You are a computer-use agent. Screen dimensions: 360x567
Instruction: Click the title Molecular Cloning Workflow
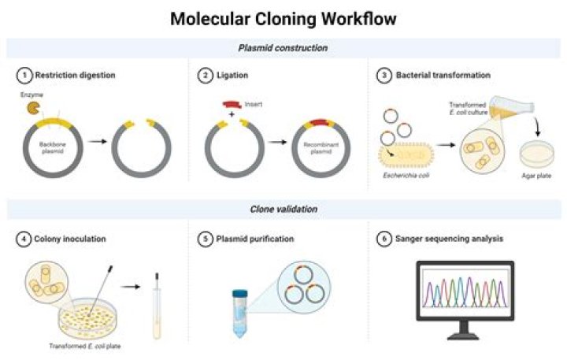point(283,17)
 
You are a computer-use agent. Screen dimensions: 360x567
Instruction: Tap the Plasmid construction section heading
point(283,48)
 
